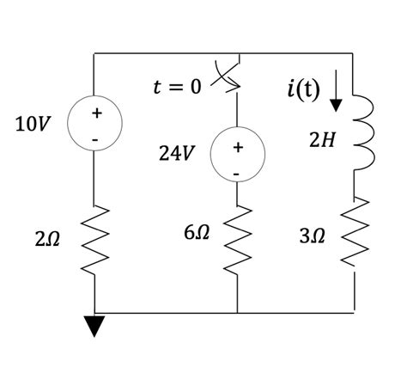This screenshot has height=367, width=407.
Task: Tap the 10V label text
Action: [x=32, y=125]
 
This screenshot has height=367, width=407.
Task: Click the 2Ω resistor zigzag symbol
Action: [x=96, y=233]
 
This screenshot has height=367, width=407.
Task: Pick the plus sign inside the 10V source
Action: [x=96, y=113]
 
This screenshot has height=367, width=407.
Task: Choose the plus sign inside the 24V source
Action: [x=238, y=149]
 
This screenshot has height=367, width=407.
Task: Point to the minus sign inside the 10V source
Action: [x=96, y=138]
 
